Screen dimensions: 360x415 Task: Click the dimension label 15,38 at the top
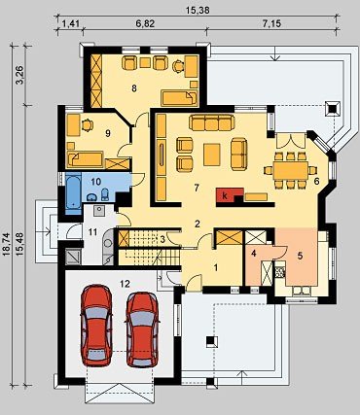[198, 10]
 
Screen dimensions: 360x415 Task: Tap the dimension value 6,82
[143, 23]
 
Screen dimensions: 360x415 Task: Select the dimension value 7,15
[270, 23]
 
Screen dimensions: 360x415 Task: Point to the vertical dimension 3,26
[19, 75]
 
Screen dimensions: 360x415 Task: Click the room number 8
[134, 88]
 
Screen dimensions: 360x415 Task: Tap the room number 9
[108, 132]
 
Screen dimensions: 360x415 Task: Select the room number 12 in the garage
[125, 284]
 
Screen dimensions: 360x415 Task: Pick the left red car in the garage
[96, 325]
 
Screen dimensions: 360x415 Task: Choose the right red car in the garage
[142, 329]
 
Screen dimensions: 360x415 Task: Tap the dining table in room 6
[290, 170]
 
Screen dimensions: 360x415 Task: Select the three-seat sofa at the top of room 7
[211, 122]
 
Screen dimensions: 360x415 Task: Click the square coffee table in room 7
[212, 155]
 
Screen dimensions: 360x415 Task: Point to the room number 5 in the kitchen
[300, 256]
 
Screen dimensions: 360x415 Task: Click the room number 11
[93, 232]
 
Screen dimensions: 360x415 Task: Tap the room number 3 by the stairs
[163, 239]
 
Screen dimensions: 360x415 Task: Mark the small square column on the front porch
[212, 341]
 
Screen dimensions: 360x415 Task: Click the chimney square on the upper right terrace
[333, 109]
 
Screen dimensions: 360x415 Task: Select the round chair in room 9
[87, 124]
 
